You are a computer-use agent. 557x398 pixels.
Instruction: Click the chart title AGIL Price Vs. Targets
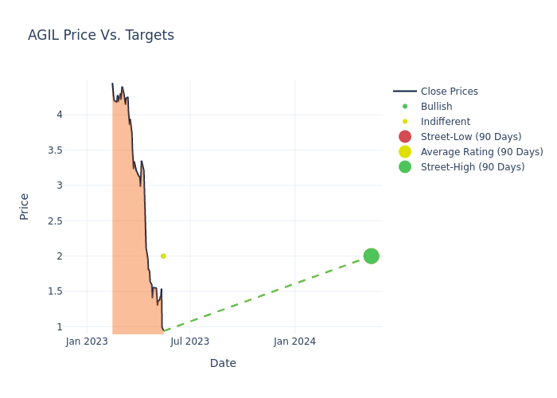[101, 35]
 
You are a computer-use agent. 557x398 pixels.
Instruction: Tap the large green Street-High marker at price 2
[371, 256]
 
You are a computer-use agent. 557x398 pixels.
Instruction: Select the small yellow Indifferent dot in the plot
[163, 256]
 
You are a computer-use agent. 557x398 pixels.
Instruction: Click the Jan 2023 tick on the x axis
[87, 341]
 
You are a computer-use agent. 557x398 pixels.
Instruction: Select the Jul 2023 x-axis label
[190, 341]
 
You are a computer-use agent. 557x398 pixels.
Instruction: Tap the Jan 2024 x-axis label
[294, 341]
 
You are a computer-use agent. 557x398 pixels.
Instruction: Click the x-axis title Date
[223, 363]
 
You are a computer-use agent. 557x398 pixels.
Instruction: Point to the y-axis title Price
[24, 206]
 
